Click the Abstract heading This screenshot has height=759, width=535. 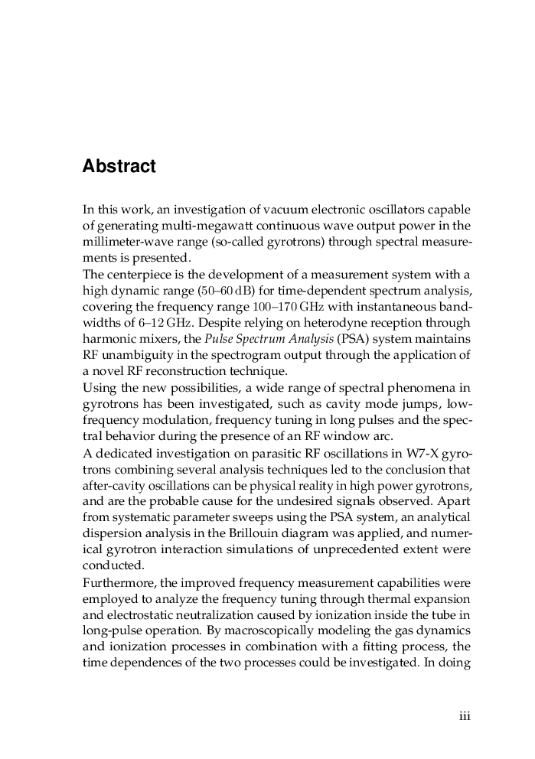pyautogui.click(x=119, y=167)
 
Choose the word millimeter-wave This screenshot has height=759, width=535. pyautogui.click(x=123, y=242)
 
